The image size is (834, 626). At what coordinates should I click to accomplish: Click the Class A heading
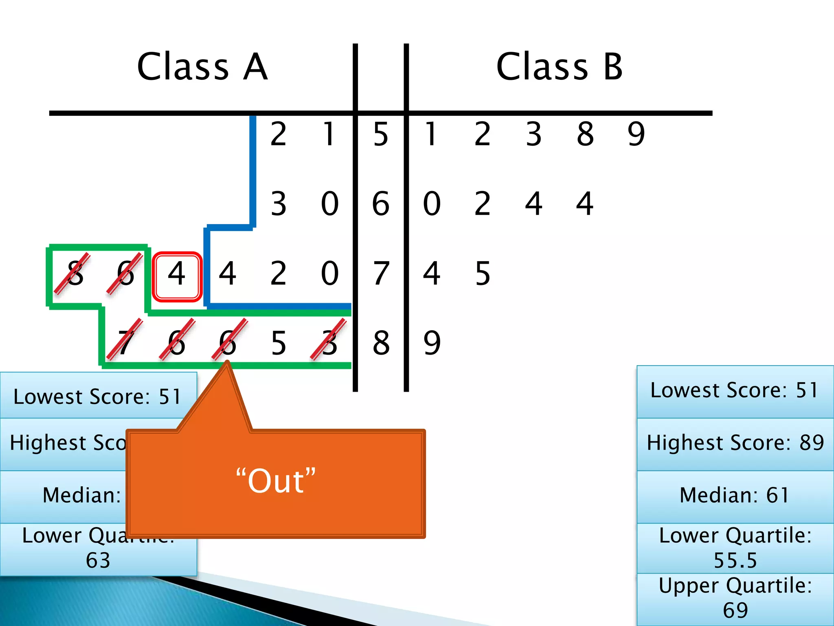[202, 67]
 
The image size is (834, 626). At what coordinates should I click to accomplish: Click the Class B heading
[560, 67]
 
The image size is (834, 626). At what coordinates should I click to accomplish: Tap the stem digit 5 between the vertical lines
[381, 134]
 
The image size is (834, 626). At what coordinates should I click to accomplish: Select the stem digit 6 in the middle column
[381, 204]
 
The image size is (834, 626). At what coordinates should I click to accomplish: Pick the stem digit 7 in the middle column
[381, 273]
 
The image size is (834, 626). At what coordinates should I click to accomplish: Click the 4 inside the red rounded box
[177, 274]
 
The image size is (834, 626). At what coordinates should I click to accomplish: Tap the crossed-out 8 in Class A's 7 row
[75, 273]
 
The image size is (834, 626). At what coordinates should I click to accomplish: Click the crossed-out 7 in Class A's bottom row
[125, 342]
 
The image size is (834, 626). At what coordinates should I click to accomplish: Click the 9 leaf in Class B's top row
[636, 134]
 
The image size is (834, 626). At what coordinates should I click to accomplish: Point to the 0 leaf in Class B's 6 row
[432, 204]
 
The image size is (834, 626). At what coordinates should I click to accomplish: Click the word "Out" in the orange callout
[276, 481]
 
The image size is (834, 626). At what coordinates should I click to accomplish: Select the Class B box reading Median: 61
[735, 496]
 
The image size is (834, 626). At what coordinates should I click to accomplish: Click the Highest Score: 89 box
[735, 443]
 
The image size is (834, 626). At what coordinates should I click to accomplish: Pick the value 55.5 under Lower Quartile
[735, 560]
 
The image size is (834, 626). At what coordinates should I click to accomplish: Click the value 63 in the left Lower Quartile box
[98, 560]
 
